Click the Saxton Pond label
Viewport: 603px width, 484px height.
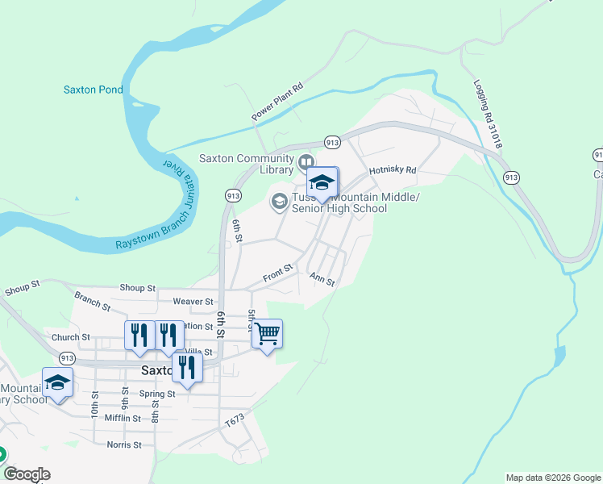coord(94,90)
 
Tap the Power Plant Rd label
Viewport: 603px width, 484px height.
coord(277,102)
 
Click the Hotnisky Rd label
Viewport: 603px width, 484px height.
coord(392,170)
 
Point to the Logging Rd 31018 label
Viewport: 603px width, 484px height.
coord(488,114)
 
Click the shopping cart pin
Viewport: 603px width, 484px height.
coord(267,333)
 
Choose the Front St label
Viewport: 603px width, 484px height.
coord(277,276)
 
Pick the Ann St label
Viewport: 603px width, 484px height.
coord(322,278)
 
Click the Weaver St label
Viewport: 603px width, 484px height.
coord(192,301)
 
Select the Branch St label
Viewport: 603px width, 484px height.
coord(92,301)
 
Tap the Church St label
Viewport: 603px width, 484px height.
coord(71,337)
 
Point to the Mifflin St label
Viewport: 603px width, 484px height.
coord(123,418)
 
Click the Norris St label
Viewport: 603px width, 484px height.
coord(124,444)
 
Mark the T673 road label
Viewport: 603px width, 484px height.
coord(234,421)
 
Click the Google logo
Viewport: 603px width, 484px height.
coord(27,474)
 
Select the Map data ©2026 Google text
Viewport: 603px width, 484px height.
coord(552,478)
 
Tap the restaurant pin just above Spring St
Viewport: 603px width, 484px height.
coord(187,369)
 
